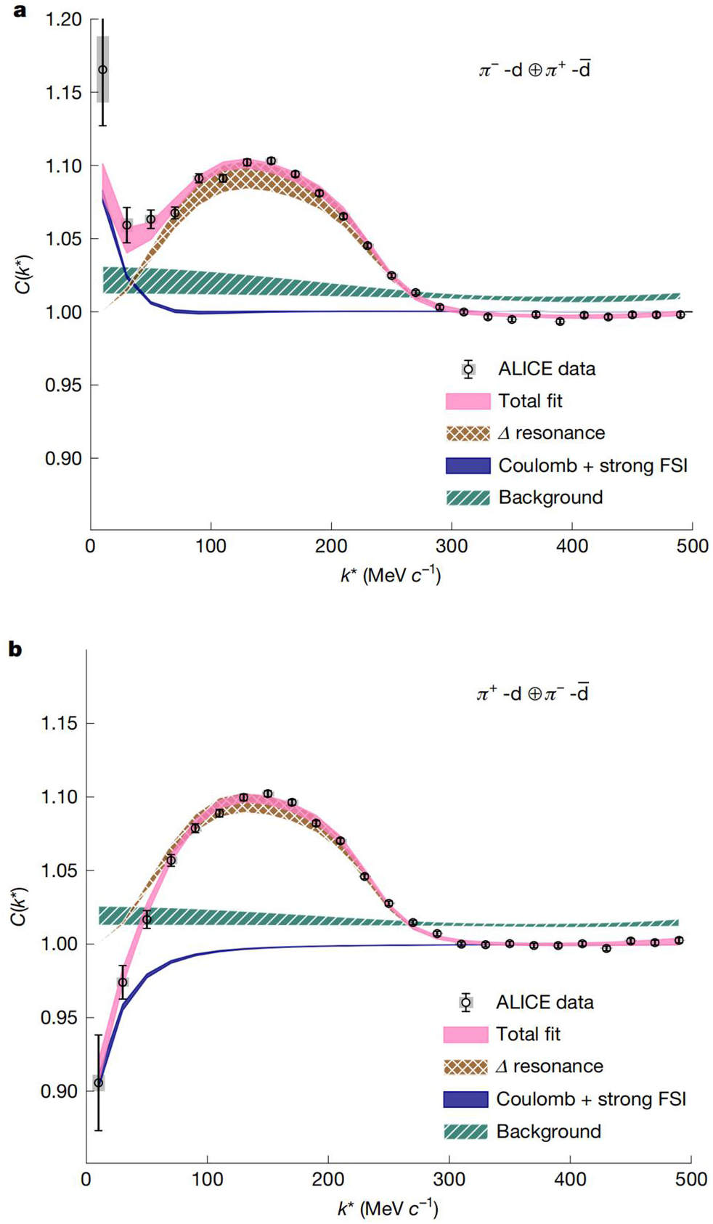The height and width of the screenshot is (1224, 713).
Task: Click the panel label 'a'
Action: [x=19, y=10]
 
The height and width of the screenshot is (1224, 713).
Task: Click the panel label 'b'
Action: [x=15, y=649]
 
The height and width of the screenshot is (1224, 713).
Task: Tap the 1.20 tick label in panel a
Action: [x=62, y=20]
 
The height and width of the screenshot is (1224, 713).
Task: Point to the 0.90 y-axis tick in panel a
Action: [x=62, y=458]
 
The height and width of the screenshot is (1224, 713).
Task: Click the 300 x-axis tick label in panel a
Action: [x=452, y=546]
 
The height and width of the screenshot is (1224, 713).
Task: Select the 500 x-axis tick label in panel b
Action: [x=690, y=1179]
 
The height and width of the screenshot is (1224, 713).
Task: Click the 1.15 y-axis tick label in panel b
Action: [x=60, y=724]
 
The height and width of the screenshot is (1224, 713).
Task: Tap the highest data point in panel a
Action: [x=102, y=70]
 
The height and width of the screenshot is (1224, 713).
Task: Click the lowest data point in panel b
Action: [x=98, y=1081]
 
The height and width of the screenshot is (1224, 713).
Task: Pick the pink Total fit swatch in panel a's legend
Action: [x=468, y=401]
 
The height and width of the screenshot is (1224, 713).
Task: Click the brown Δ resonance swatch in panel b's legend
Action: [x=465, y=1066]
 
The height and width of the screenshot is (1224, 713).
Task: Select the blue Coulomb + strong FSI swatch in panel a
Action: [x=468, y=465]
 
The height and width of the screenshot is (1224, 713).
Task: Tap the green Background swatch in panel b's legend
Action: [x=465, y=1130]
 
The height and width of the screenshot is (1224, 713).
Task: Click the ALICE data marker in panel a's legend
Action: [x=468, y=369]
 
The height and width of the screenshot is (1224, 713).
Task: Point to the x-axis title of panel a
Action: [x=390, y=576]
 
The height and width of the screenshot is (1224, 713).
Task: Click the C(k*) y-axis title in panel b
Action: [x=20, y=906]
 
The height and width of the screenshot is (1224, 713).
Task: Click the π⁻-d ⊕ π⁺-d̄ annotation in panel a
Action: [x=534, y=70]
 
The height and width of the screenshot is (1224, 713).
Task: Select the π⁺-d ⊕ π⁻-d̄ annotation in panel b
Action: [x=532, y=693]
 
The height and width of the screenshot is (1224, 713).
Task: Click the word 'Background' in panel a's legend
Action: [x=550, y=497]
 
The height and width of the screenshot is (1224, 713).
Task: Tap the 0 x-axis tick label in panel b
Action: [x=86, y=1179]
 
